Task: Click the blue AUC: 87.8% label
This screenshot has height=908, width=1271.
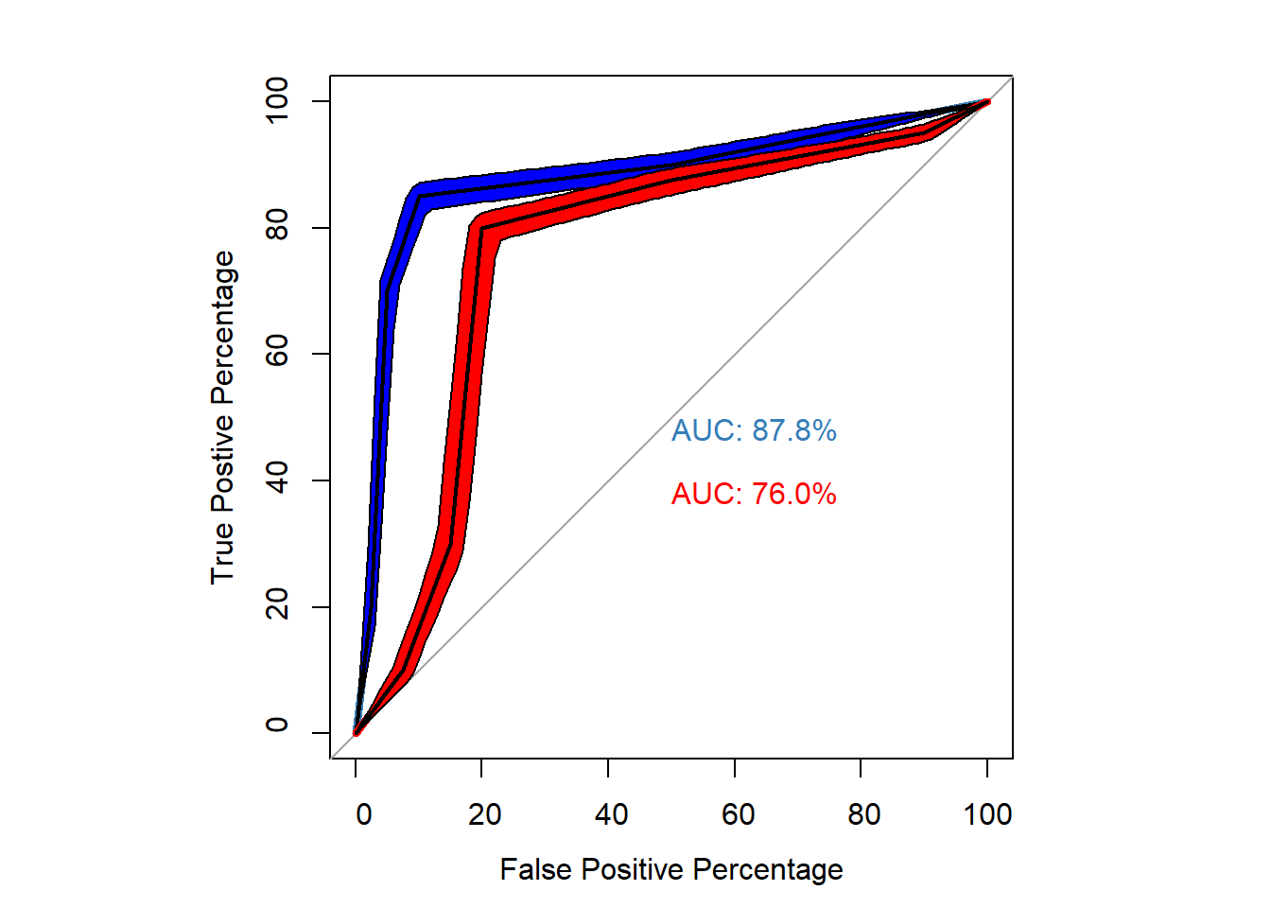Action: click(x=754, y=431)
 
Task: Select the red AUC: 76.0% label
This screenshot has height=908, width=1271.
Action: click(x=754, y=495)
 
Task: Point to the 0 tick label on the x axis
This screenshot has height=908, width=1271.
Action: click(x=363, y=814)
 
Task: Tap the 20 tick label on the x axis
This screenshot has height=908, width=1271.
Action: click(x=484, y=814)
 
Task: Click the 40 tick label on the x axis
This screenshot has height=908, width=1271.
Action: click(x=611, y=814)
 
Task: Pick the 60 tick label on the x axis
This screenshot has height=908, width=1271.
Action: click(x=738, y=814)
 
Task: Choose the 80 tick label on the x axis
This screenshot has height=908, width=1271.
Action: click(x=863, y=814)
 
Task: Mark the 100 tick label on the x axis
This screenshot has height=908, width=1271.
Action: click(x=987, y=814)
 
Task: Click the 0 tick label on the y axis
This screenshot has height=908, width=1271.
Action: click(x=277, y=725)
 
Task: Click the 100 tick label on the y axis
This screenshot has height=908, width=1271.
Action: click(x=277, y=100)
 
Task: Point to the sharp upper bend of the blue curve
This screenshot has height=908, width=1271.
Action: click(x=420, y=196)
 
